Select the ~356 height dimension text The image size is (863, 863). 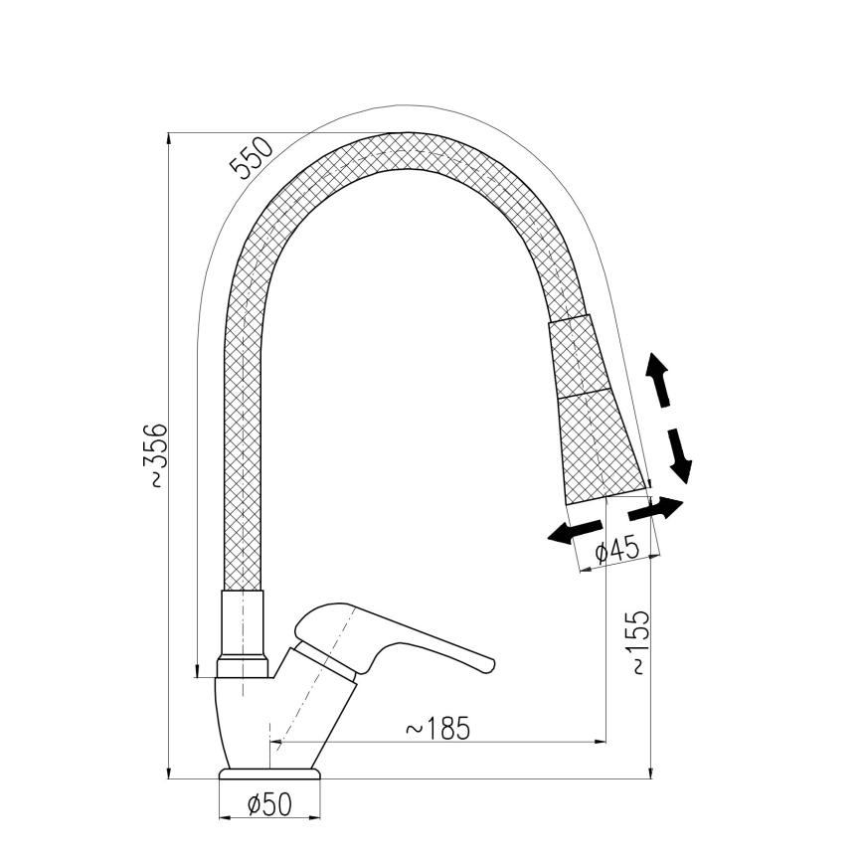[x=158, y=455]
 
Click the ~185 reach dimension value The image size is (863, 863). [x=436, y=728]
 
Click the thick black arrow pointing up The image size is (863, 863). [x=657, y=379]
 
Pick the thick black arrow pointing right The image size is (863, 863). [x=657, y=510]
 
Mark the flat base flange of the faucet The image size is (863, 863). [x=269, y=774]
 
